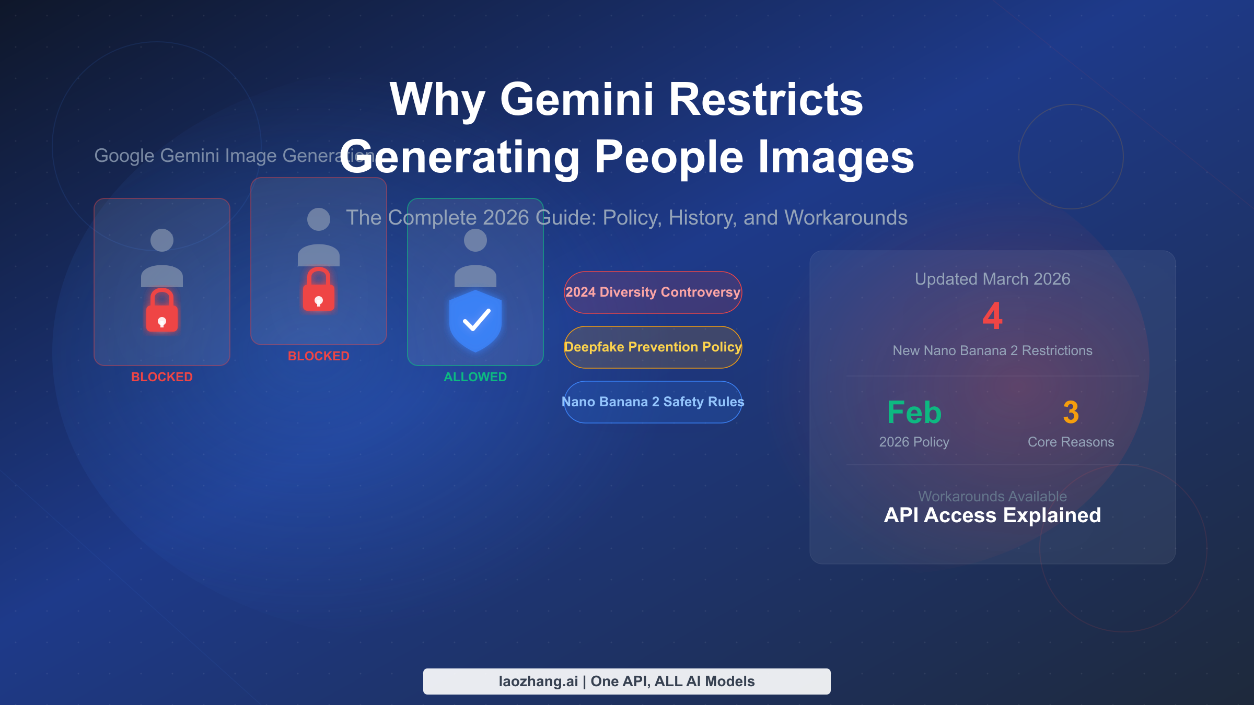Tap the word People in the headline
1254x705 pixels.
coord(669,157)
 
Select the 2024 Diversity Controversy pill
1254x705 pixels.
coord(653,292)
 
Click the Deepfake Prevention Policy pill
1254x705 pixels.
coord(653,347)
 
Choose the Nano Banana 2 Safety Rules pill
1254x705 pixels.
coord(653,402)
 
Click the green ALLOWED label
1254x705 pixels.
coord(475,377)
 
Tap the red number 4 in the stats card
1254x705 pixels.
coord(992,316)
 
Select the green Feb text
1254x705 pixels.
coord(914,413)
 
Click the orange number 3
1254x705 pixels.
coord(1071,413)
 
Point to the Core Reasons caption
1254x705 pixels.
coord(1071,442)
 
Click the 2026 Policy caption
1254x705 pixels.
coord(914,442)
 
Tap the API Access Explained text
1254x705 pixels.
coord(992,515)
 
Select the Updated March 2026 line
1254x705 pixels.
coord(992,279)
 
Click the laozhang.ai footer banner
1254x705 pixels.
coord(626,681)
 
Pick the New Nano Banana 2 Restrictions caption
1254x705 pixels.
coord(992,351)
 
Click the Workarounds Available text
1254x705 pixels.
coord(992,496)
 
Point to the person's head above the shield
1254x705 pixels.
coord(475,240)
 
